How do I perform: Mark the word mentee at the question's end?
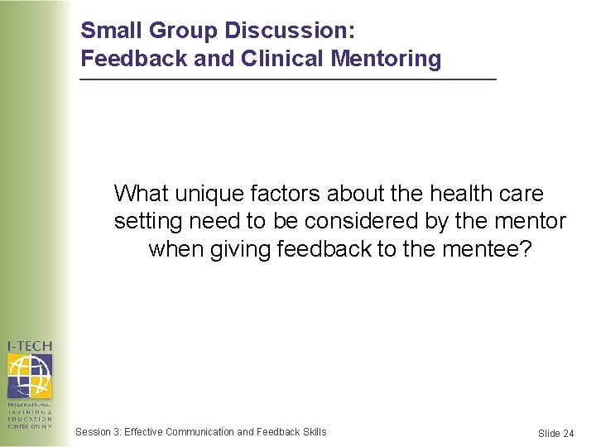(x=487, y=250)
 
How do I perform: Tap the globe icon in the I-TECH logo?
(x=30, y=375)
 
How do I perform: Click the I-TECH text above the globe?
(x=30, y=346)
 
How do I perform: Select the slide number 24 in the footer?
(x=568, y=434)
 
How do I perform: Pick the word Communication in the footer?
(x=199, y=431)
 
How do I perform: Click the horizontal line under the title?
(x=287, y=79)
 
